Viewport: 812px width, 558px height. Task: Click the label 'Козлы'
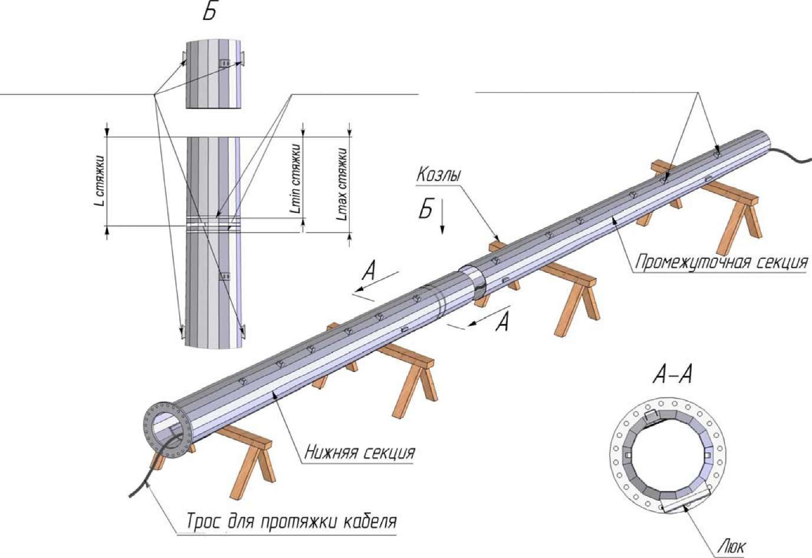pyautogui.click(x=438, y=174)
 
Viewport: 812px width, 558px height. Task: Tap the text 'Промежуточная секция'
pyautogui.click(x=721, y=262)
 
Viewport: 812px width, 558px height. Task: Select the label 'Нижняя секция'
pyautogui.click(x=359, y=453)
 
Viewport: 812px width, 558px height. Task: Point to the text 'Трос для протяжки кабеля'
pyautogui.click(x=291, y=521)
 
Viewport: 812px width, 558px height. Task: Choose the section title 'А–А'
pyautogui.click(x=673, y=374)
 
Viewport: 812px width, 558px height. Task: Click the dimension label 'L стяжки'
pyautogui.click(x=99, y=181)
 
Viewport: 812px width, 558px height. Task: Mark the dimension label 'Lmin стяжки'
pyautogui.click(x=296, y=178)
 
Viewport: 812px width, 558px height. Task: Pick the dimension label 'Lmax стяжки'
pyautogui.click(x=342, y=184)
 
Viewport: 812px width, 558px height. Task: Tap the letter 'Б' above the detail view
pyautogui.click(x=209, y=11)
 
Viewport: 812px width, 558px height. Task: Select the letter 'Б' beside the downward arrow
pyautogui.click(x=426, y=209)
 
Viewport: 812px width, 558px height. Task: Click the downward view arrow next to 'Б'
pyautogui.click(x=442, y=216)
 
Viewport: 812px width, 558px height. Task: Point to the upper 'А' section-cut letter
pyautogui.click(x=369, y=272)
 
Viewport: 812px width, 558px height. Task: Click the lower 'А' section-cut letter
pyautogui.click(x=502, y=322)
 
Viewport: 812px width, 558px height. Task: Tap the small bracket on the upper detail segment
pyautogui.click(x=225, y=63)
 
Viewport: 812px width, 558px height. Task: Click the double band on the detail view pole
pyautogui.click(x=213, y=223)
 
